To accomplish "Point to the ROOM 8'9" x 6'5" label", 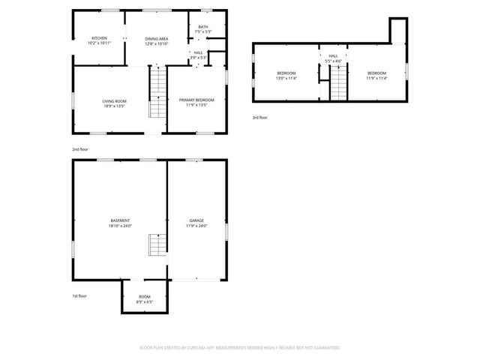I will tap(144, 299).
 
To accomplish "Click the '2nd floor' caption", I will tap(79, 150).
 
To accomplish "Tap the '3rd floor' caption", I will tap(259, 118).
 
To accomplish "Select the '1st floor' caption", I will tap(79, 296).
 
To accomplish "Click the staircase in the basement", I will tap(156, 244).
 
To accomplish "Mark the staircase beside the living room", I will tap(157, 94).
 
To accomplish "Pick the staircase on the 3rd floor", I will tap(339, 82).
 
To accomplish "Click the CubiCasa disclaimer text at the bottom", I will tap(239, 348).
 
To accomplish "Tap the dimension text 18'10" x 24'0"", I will tap(120, 226).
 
